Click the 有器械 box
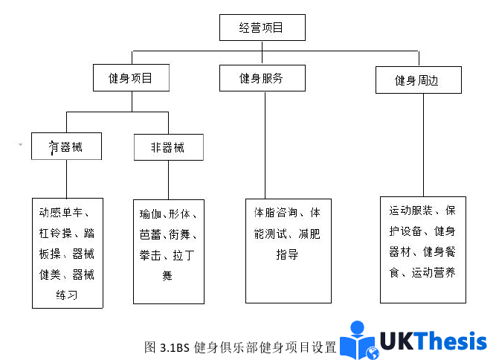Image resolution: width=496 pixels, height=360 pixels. (x=66, y=147)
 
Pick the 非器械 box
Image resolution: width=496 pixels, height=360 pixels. (x=168, y=147)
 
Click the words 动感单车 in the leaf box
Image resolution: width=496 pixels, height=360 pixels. (x=60, y=212)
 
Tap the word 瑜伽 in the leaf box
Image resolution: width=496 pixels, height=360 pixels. (x=150, y=214)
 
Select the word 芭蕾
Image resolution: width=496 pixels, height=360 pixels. (x=150, y=235)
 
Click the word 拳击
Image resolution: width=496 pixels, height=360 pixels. (x=150, y=255)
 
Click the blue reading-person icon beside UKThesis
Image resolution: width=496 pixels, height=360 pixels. (x=361, y=341)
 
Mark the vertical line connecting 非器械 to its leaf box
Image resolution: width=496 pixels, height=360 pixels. (x=169, y=179)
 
